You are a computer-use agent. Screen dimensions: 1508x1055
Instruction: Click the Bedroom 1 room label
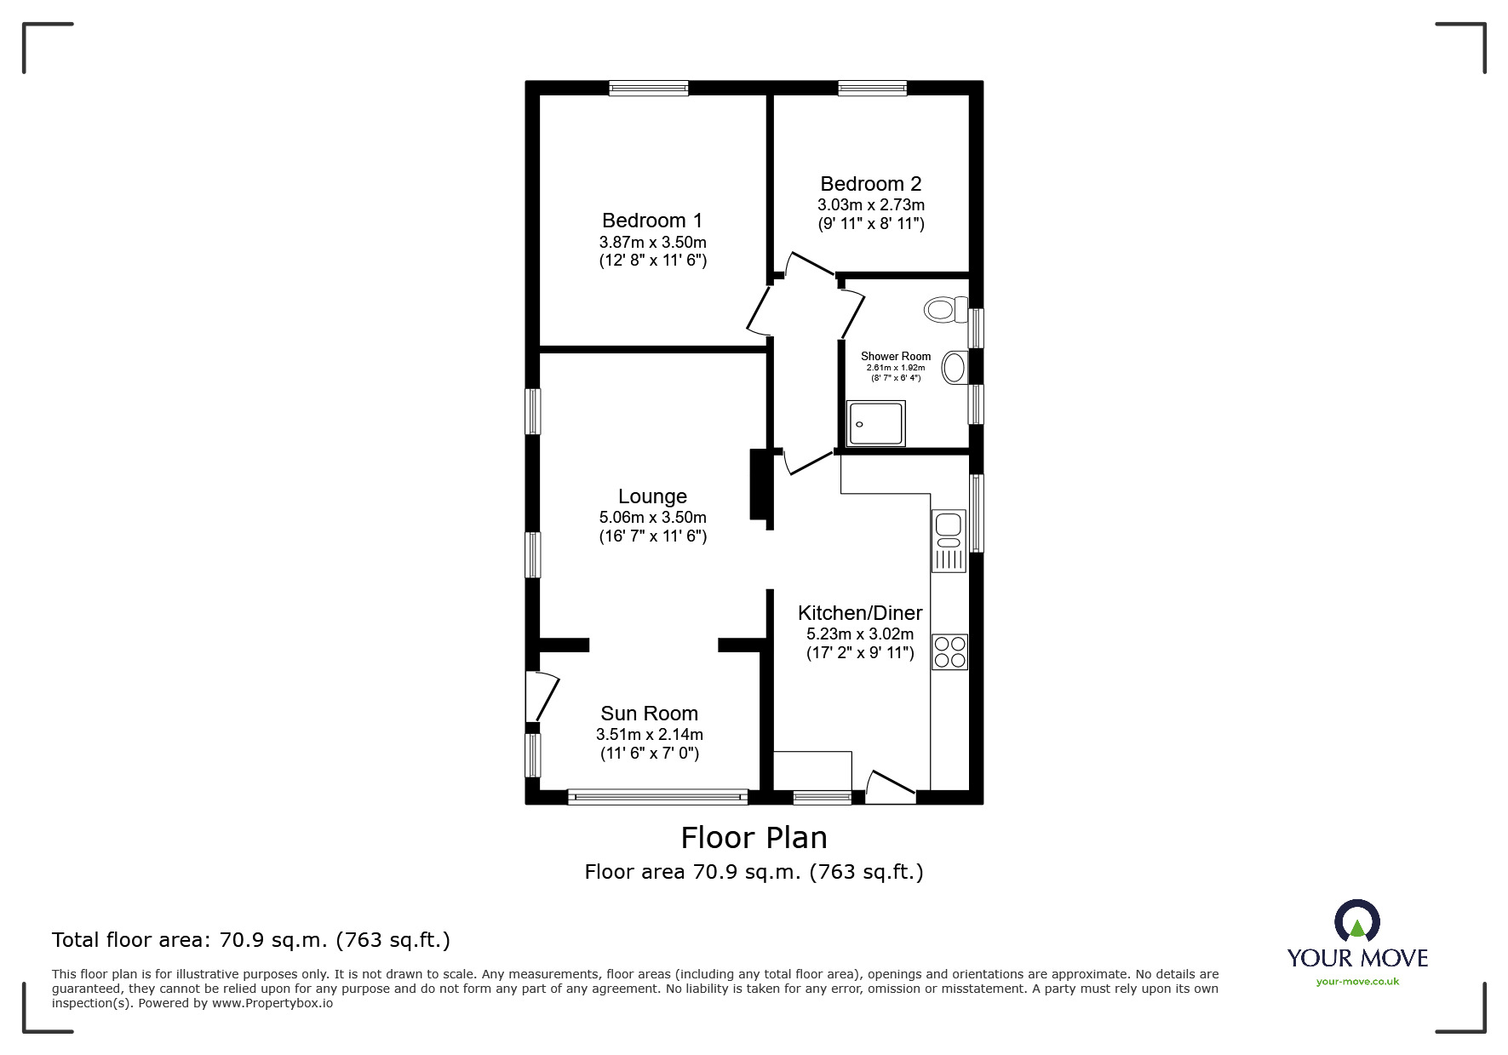tap(652, 221)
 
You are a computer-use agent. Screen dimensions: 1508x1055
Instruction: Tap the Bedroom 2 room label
tap(871, 184)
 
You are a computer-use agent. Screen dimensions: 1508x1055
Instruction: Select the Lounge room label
tap(652, 496)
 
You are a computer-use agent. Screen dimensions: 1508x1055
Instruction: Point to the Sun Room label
tap(649, 714)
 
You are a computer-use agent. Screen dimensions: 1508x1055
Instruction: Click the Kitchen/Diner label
tap(860, 613)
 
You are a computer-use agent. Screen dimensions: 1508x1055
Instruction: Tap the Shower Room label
tap(896, 357)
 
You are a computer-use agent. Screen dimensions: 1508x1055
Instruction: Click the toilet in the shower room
tap(946, 308)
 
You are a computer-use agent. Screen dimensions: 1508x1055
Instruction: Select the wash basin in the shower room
tap(955, 368)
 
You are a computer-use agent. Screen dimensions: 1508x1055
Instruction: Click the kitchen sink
tap(949, 541)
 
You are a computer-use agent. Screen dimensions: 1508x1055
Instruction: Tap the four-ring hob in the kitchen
tap(949, 651)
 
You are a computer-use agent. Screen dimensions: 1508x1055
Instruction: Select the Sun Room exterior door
tap(542, 697)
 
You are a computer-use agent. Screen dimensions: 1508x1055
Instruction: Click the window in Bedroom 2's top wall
tap(872, 88)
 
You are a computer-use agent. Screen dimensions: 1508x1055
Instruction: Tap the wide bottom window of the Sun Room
tap(657, 797)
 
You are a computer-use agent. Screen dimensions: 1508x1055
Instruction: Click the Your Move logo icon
tap(1356, 921)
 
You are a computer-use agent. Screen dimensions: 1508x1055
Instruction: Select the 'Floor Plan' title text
tap(754, 838)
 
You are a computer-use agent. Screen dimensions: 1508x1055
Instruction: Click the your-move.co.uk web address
tap(1357, 982)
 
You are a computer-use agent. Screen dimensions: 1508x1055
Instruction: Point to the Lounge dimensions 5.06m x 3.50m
tap(652, 517)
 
